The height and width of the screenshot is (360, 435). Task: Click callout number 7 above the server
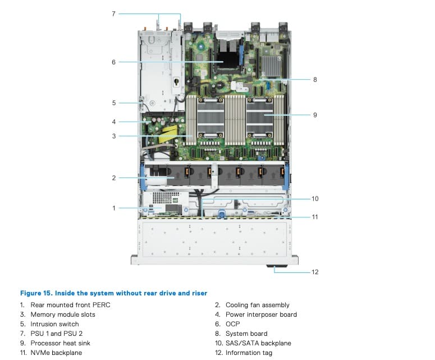coord(113,14)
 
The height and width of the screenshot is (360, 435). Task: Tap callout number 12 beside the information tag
coord(315,272)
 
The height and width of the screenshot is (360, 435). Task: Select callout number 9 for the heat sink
coord(315,115)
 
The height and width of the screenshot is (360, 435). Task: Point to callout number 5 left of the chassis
coord(114,103)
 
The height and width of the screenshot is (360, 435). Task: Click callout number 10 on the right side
coord(315,199)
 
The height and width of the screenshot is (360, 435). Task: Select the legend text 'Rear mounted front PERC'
coord(71,305)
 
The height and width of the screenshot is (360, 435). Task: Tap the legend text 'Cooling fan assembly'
coord(258,305)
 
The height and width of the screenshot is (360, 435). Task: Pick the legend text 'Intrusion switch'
coord(54,324)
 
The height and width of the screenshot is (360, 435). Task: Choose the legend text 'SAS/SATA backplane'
coord(258,343)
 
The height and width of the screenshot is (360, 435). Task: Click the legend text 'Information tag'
coord(249,353)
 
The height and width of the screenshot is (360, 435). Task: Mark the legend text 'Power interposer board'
coord(262,315)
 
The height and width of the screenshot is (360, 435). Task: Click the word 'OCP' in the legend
coord(233,324)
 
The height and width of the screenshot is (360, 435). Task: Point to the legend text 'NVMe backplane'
coord(56,353)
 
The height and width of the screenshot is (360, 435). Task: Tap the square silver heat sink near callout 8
coord(271,66)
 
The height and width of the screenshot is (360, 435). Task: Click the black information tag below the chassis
coord(277,266)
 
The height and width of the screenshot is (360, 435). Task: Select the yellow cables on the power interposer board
coord(170,133)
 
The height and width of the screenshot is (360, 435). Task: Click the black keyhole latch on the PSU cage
coord(176,81)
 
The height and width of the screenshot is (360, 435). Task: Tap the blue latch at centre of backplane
coord(221,214)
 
